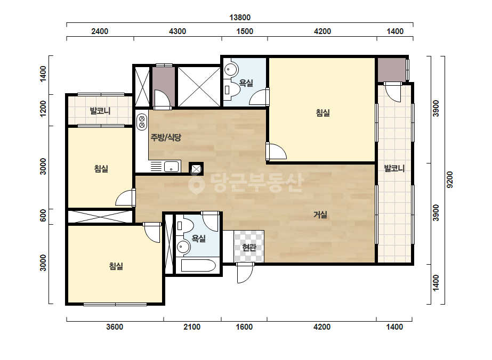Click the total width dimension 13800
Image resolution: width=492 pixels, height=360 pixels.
[240, 17]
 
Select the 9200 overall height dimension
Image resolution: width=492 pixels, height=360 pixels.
[450, 179]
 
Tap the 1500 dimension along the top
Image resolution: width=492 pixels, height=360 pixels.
[245, 31]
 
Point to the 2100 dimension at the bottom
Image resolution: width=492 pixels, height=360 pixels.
[192, 327]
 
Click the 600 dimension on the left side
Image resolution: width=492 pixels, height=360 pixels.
[43, 215]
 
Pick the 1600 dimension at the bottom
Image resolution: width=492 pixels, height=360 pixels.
[244, 327]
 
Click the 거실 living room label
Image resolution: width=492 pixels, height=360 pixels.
[320, 215]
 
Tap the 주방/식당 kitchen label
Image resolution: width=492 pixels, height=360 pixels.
[166, 137]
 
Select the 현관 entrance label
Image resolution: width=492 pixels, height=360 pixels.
[249, 248]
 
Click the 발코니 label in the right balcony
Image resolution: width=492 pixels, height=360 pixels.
[394, 168]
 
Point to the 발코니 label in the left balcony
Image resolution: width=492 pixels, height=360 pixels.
[100, 111]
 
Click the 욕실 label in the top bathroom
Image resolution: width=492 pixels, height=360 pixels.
[246, 83]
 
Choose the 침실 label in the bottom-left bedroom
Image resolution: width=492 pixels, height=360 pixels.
[116, 266]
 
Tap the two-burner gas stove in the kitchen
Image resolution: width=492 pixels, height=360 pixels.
[142, 122]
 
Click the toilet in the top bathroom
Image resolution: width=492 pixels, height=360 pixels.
[232, 89]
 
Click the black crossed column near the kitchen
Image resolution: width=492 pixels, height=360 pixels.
[196, 169]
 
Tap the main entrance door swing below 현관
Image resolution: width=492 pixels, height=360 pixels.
[245, 273]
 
